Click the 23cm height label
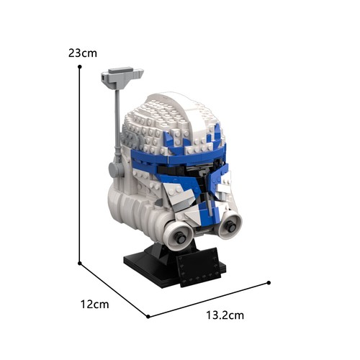click(x=83, y=53)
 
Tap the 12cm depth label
click(x=94, y=305)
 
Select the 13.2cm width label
click(x=225, y=315)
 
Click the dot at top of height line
click(x=80, y=66)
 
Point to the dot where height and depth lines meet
click(x=80, y=264)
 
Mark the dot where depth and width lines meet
click(x=148, y=317)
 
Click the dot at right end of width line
click(x=269, y=283)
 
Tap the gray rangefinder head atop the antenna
click(x=122, y=77)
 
